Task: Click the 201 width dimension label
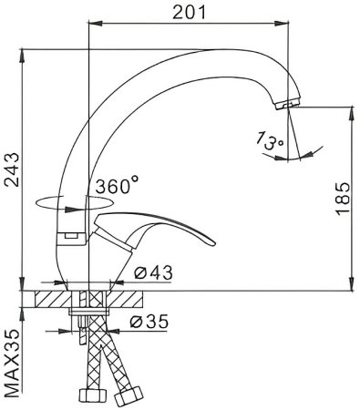tap(190, 13)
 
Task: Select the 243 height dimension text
tap(12, 169)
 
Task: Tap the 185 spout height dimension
tap(343, 199)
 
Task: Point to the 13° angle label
tap(269, 140)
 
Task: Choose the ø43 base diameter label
tap(153, 272)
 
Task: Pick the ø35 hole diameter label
tap(149, 321)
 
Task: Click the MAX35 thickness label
tap(12, 364)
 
